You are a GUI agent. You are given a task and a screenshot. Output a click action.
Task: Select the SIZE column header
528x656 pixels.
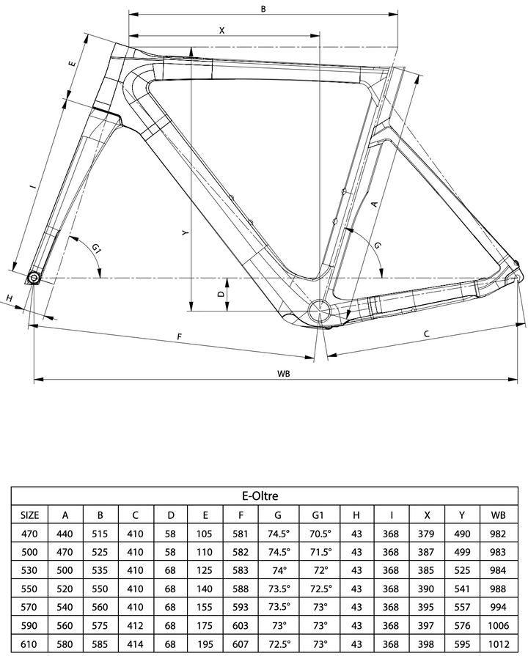(30, 515)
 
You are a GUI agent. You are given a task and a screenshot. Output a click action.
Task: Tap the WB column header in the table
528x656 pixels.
(499, 515)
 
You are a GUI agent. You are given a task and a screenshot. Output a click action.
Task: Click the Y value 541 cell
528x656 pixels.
(462, 589)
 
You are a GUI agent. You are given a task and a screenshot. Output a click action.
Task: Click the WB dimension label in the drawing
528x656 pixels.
(283, 373)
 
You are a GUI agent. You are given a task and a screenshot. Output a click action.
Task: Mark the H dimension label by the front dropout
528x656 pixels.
(10, 298)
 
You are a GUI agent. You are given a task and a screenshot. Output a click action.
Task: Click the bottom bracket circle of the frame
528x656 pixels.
(320, 311)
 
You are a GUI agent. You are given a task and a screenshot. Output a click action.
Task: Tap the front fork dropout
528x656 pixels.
(34, 277)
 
